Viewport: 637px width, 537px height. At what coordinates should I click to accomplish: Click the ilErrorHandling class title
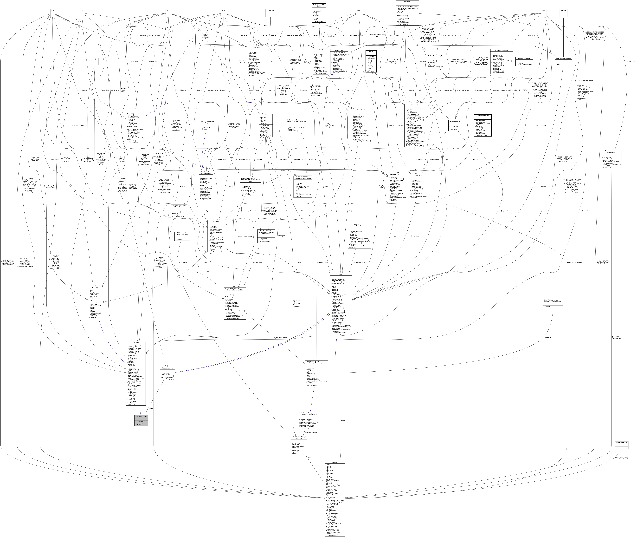pyautogui.click(x=254, y=47)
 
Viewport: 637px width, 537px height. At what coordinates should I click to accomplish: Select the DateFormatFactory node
pyautogui.click(x=621, y=443)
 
